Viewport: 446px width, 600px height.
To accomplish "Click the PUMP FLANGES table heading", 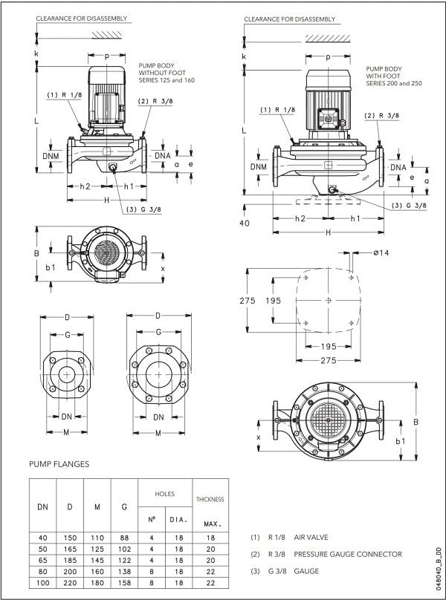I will tap(59, 464).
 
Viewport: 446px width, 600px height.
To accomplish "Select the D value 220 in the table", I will tap(70, 584).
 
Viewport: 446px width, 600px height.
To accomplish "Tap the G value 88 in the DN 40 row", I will tap(123, 536).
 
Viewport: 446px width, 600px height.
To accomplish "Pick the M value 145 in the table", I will tap(97, 560).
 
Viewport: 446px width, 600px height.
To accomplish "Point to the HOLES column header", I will tap(164, 493).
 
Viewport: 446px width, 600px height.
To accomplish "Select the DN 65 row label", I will tap(42, 560).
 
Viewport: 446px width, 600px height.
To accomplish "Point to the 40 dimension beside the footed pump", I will tap(245, 222).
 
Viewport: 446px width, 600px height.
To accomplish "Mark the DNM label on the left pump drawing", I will tap(51, 156).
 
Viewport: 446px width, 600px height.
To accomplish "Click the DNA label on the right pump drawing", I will tap(398, 168).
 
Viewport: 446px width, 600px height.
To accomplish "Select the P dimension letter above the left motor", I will tap(107, 56).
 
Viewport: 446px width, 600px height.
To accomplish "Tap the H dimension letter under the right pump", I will tap(328, 232).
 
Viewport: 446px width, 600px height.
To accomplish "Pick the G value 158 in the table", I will tap(123, 584).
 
